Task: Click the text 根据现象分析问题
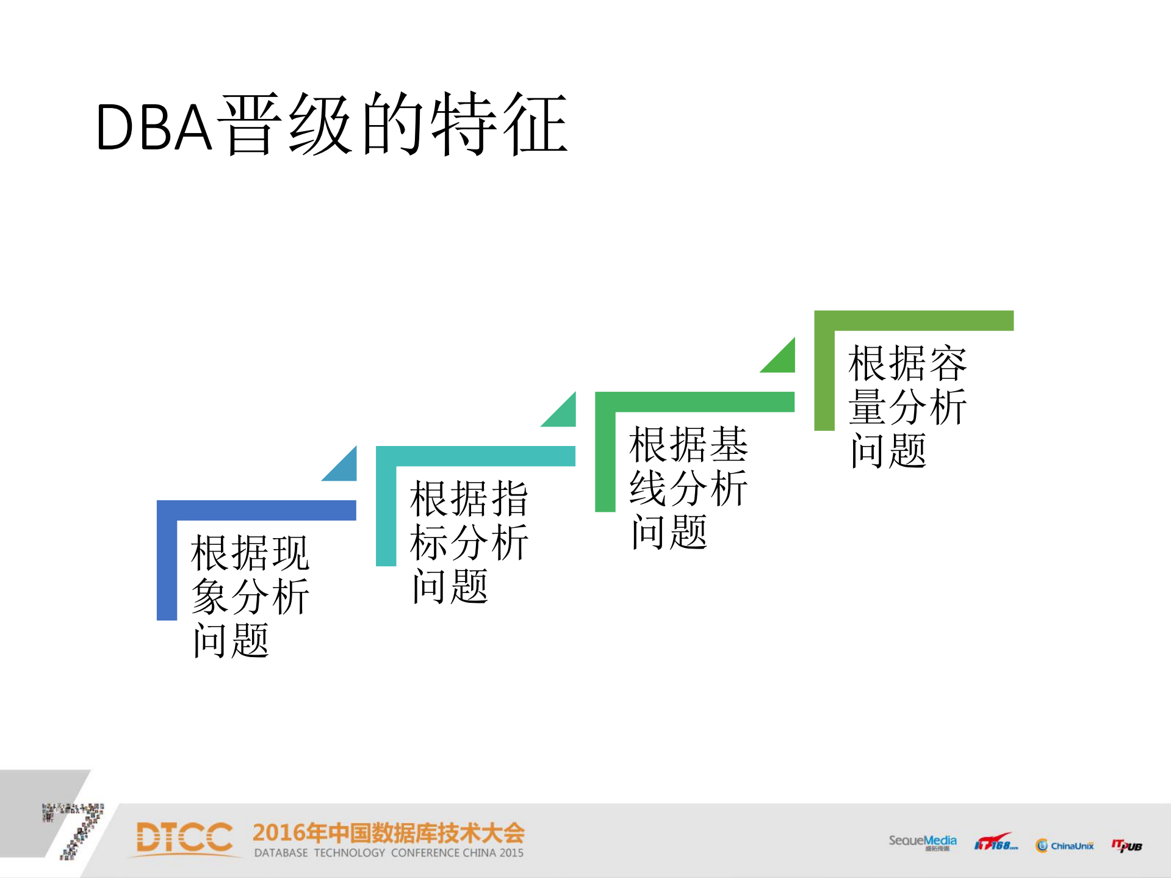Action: (x=250, y=596)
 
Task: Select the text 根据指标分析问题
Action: (x=469, y=542)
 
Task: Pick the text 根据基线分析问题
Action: (x=688, y=488)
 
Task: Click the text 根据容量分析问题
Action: (x=907, y=406)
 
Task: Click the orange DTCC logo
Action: (x=184, y=837)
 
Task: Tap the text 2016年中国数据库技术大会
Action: (x=388, y=833)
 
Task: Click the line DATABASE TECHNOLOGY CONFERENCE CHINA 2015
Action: (x=388, y=853)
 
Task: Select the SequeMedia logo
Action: (x=922, y=842)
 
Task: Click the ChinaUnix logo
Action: (x=1065, y=846)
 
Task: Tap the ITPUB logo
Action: (x=1126, y=846)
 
